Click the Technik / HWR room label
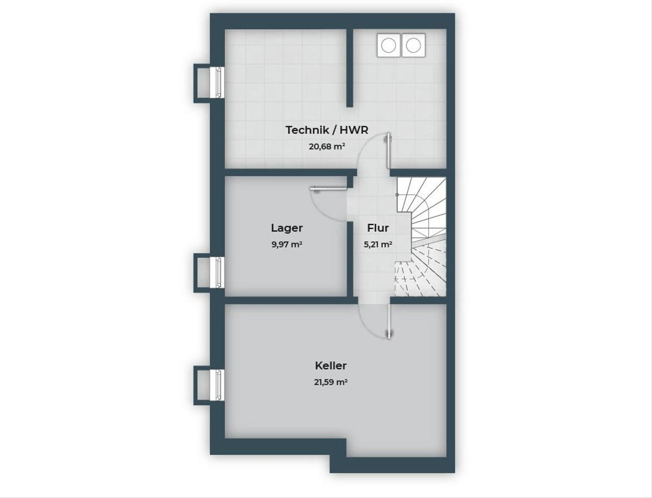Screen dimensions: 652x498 pyautogui.click(x=327, y=130)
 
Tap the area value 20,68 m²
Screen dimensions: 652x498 pyautogui.click(x=327, y=146)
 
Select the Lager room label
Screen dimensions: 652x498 pyautogui.click(x=287, y=228)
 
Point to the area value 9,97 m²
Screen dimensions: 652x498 pyautogui.click(x=287, y=245)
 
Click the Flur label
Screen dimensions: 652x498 pyautogui.click(x=378, y=228)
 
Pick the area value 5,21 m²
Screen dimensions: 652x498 pyautogui.click(x=378, y=245)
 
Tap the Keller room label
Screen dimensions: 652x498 pyautogui.click(x=330, y=365)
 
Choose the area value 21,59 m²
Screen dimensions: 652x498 pyautogui.click(x=330, y=382)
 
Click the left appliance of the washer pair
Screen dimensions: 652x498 pyautogui.click(x=389, y=45)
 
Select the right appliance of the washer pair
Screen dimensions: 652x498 pyautogui.click(x=413, y=45)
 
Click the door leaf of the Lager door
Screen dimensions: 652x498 pyautogui.click(x=329, y=189)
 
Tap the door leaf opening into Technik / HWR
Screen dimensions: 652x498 pyautogui.click(x=388, y=151)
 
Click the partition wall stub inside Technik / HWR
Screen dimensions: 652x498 pyautogui.click(x=349, y=68)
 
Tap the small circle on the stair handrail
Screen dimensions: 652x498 pyautogui.click(x=397, y=195)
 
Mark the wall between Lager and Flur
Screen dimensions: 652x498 pyautogui.click(x=350, y=259)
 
